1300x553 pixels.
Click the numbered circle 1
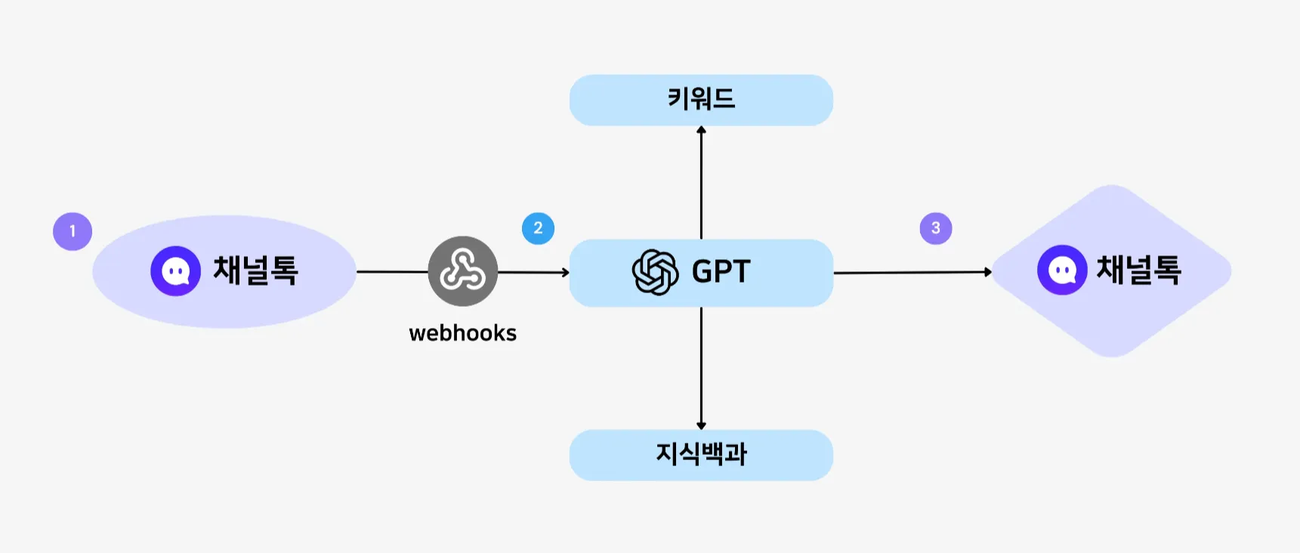[x=73, y=231]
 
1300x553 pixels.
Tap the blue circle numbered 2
[x=538, y=228]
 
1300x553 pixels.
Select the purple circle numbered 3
[x=935, y=228]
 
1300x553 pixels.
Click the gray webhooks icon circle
[x=462, y=271]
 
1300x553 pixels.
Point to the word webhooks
[x=462, y=333]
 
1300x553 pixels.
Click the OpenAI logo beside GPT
[x=655, y=272]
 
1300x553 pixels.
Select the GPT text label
[x=721, y=272]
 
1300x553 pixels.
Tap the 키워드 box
[x=701, y=100]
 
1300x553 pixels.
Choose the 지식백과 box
[x=701, y=455]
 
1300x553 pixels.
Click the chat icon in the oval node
[x=175, y=271]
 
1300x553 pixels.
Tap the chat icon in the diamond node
[x=1062, y=270]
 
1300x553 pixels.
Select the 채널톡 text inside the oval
[x=255, y=270]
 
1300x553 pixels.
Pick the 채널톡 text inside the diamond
[x=1138, y=270]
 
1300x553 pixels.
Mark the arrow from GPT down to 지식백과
[x=701, y=366]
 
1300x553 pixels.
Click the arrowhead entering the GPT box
[x=565, y=272]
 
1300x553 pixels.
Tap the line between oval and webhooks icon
[x=392, y=271]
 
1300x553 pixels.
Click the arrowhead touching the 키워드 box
[x=701, y=130]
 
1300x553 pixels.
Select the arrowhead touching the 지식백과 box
[x=701, y=425]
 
